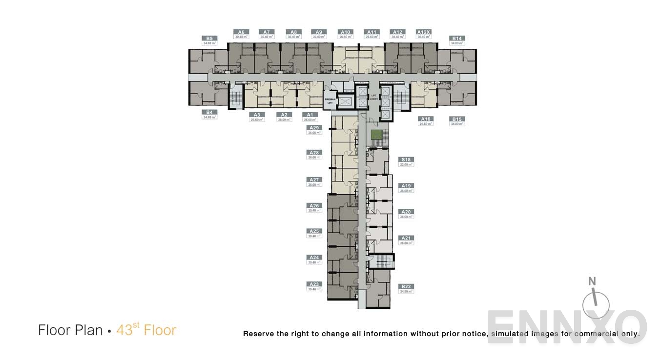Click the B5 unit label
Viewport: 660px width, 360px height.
pos(209,39)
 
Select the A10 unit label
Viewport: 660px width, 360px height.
pos(345,32)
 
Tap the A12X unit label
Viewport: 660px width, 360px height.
pos(423,32)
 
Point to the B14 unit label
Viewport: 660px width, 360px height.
pos(457,39)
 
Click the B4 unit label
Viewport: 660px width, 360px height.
pos(209,112)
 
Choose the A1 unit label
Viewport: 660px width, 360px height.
pos(310,115)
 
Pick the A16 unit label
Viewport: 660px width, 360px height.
pos(426,119)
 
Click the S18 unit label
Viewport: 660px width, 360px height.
pos(406,160)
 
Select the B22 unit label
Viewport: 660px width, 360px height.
pos(406,286)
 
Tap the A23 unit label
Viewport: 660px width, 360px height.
pos(314,284)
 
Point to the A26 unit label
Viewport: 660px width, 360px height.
pos(314,206)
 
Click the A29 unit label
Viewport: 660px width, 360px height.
pos(314,128)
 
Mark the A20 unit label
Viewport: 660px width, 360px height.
pos(406,212)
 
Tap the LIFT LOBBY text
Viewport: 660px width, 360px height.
pos(374,98)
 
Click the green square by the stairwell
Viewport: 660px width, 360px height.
pos(376,135)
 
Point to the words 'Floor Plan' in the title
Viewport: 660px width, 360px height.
pos(70,330)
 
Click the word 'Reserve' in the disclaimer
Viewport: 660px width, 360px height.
pos(259,334)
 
